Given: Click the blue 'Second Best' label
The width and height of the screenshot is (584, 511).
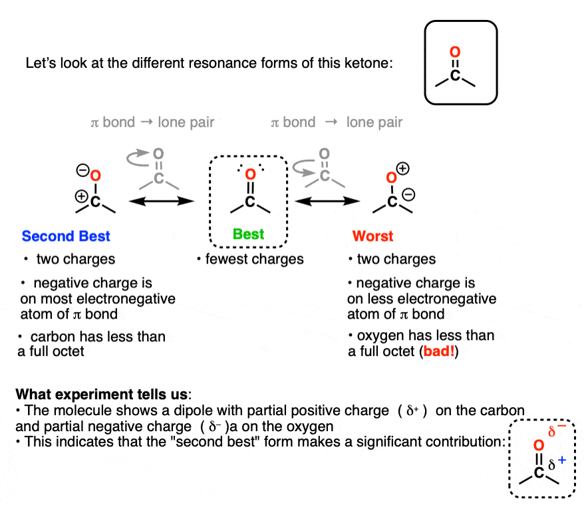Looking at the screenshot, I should pyautogui.click(x=66, y=236).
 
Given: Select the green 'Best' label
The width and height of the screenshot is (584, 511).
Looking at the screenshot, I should pyautogui.click(x=249, y=234).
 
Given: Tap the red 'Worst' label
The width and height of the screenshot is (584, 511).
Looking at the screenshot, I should pyautogui.click(x=372, y=236).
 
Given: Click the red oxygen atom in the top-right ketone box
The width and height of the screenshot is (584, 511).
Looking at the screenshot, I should pyautogui.click(x=454, y=52).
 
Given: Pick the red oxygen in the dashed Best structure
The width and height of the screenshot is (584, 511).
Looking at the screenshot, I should pyautogui.click(x=250, y=175).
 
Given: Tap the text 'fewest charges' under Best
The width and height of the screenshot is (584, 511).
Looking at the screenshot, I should pyautogui.click(x=254, y=259).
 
